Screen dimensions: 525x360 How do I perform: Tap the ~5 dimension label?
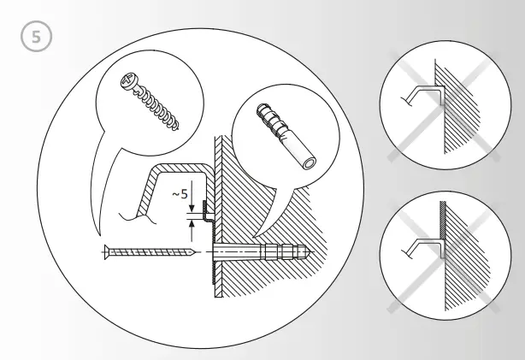(x=180, y=195)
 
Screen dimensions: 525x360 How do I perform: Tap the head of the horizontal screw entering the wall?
(x=105, y=251)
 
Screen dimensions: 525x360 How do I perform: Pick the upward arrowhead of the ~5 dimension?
(x=194, y=226)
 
